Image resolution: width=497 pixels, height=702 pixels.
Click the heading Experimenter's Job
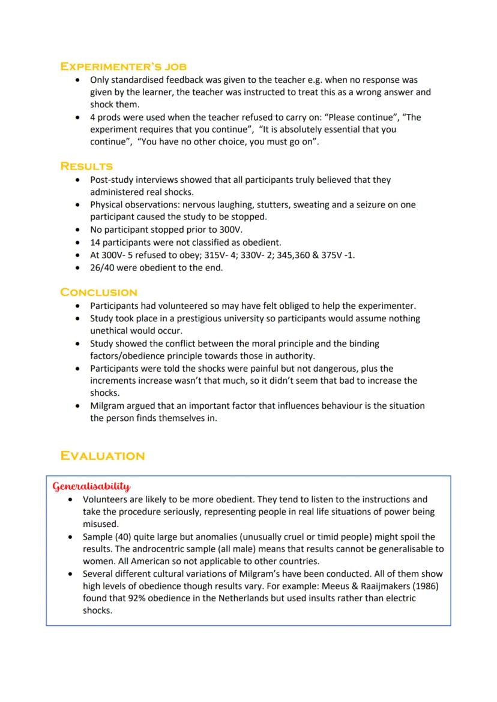[123, 66]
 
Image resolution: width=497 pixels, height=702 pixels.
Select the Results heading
[86, 166]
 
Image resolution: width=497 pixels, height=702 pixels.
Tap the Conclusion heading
[98, 293]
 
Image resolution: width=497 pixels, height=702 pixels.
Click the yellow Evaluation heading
[102, 456]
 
